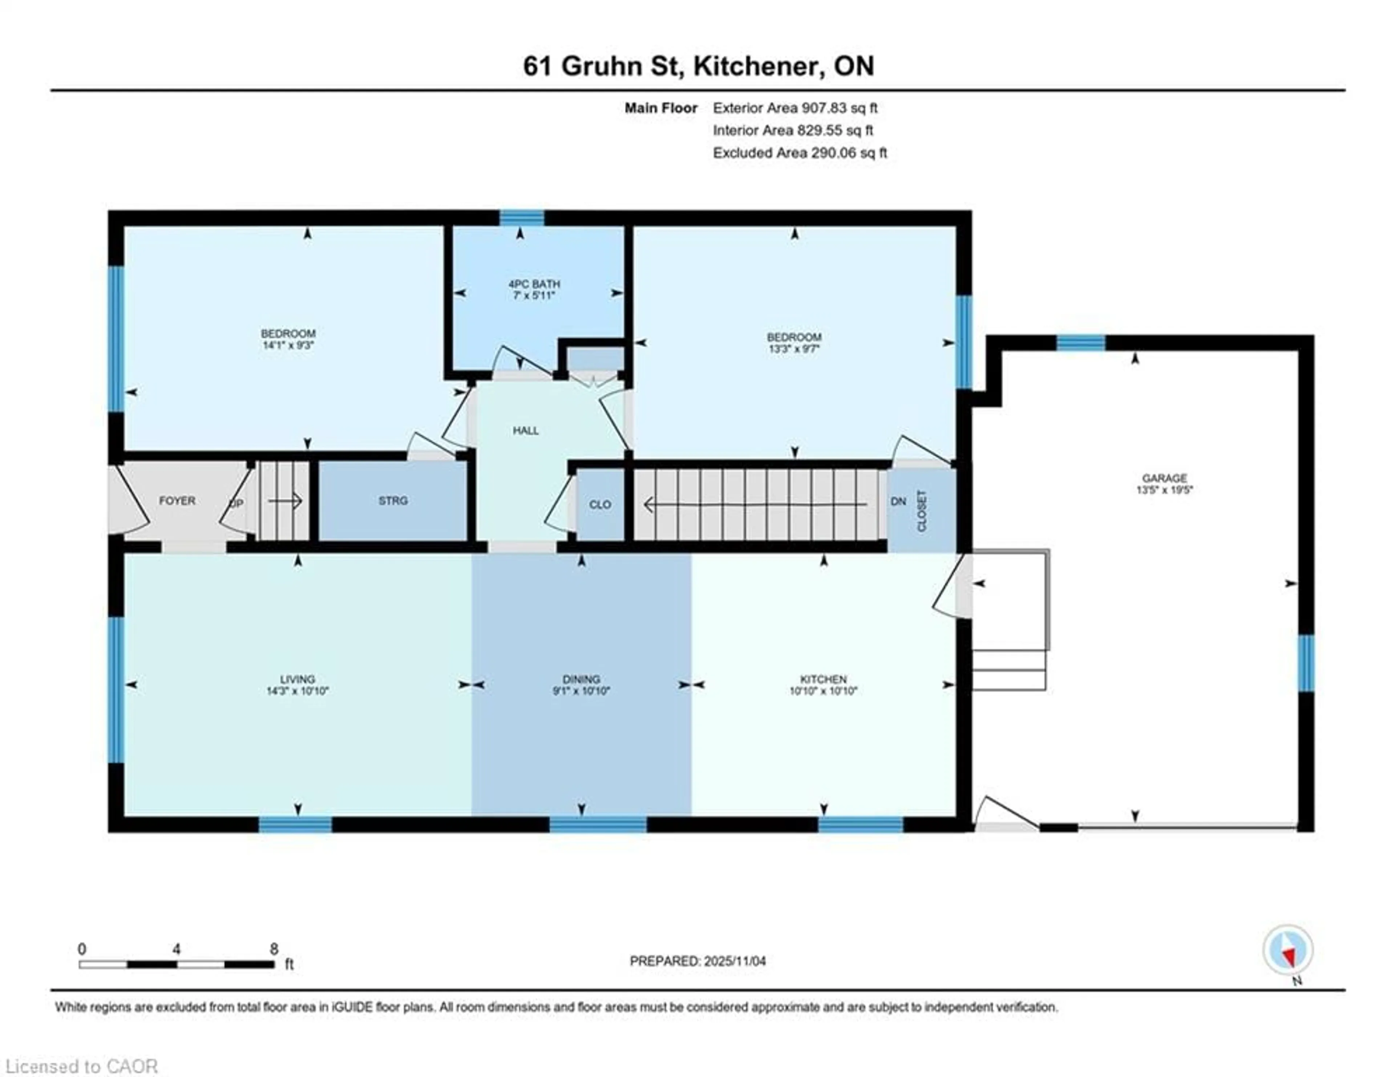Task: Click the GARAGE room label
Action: click(x=1164, y=478)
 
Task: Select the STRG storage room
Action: click(x=393, y=501)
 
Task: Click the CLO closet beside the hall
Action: click(x=600, y=505)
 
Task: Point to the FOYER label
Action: click(x=177, y=501)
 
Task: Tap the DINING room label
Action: click(x=581, y=679)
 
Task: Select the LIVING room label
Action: click(x=298, y=679)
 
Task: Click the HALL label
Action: click(x=526, y=431)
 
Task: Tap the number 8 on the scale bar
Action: click(x=274, y=949)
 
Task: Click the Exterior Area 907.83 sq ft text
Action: click(x=795, y=108)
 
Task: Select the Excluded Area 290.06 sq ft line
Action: click(x=800, y=153)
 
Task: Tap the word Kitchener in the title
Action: click(x=754, y=66)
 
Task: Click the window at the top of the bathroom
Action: click(x=521, y=218)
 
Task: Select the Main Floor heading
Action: click(x=660, y=108)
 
